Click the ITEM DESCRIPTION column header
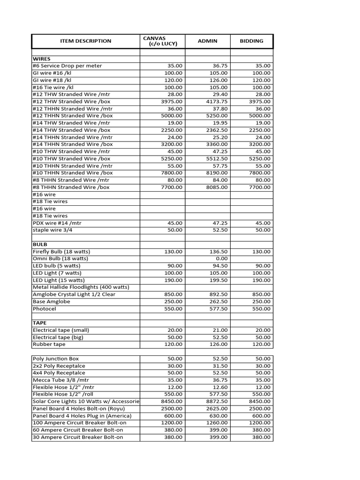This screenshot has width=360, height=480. [86, 41]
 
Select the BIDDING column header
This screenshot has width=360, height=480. [251, 41]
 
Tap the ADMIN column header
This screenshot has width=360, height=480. [208, 41]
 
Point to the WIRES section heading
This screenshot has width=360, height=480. [41, 59]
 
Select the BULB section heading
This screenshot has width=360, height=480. [40, 245]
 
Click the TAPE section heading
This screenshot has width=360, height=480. [39, 323]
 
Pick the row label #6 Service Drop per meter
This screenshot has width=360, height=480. [67, 66]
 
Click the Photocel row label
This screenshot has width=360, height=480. [45, 309]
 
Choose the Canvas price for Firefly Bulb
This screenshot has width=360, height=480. [173, 252]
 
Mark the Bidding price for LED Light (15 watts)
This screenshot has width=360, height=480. [262, 280]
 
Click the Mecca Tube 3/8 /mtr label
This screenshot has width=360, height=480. [59, 380]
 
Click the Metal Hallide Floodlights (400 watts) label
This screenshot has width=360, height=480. [81, 287]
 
